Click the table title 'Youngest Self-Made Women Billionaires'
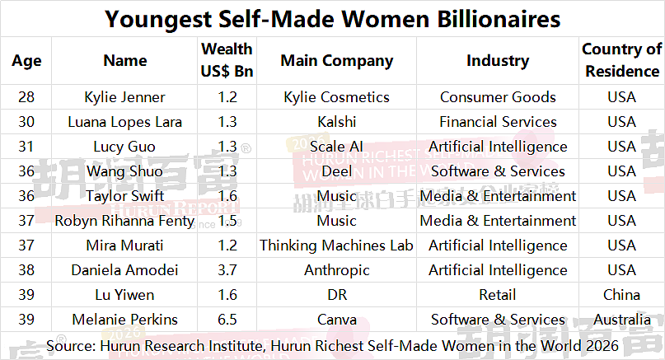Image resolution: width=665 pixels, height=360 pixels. point(333,19)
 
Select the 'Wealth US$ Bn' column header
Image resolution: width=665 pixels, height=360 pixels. point(227,60)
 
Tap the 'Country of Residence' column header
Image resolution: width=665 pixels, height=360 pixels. point(622,60)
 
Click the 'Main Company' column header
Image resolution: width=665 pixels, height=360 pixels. point(337,61)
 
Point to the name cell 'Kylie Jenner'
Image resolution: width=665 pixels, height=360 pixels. point(124,97)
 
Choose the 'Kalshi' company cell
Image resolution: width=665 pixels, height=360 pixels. point(337,122)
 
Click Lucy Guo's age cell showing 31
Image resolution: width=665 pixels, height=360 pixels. point(26,147)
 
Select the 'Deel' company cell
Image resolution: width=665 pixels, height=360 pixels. point(337,171)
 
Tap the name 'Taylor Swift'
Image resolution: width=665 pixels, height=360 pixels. point(124,196)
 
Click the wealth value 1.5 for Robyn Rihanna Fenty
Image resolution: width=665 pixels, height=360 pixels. point(227,221)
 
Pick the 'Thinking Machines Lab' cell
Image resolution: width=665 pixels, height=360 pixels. point(337,245)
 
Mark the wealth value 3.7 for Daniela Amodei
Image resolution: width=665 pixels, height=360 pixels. point(227,269)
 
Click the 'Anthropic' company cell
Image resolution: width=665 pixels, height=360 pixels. point(337,270)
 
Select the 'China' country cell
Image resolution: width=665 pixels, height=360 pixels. point(622,295)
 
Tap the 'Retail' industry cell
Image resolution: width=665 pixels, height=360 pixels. point(498,295)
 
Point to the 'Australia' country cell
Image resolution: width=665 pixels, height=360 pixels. point(622,320)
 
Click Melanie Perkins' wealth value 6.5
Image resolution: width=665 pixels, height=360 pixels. point(227,320)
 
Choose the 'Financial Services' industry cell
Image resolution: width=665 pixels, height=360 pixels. point(498,122)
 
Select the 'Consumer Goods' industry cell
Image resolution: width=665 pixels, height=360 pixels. point(498,97)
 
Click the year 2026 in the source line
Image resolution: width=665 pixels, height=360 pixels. point(602,346)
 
